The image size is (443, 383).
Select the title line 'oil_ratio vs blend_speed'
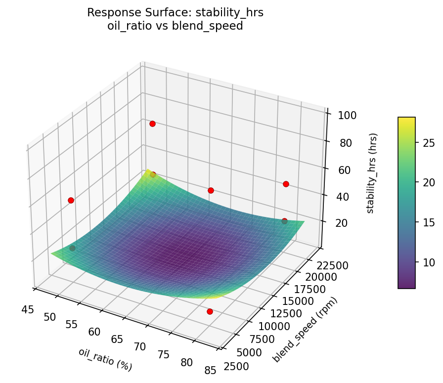click(175, 26)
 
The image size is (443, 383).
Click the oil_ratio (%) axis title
click(105, 359)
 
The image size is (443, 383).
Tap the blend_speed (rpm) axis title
click(306, 330)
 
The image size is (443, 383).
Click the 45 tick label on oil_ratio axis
click(28, 309)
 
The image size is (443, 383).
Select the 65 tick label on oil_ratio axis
click(117, 340)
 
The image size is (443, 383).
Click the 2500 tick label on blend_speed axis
click(236, 366)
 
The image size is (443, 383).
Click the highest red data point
click(152, 124)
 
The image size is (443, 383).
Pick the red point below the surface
click(210, 311)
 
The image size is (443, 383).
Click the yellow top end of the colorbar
click(406, 120)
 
